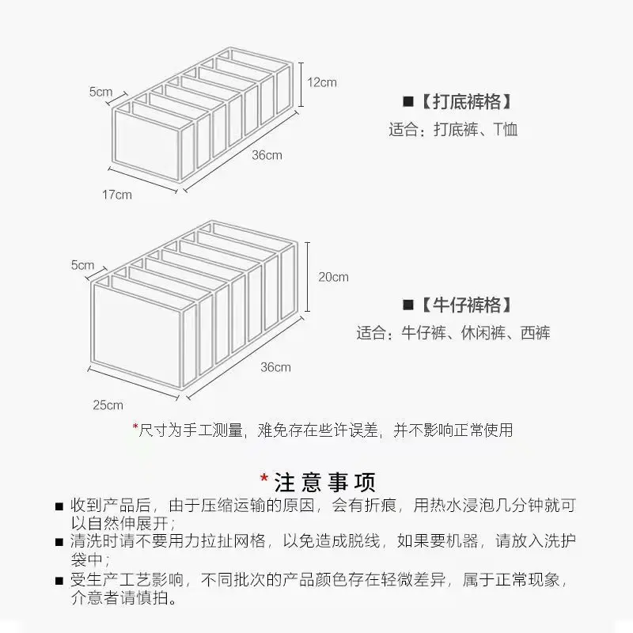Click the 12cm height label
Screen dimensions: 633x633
(322, 82)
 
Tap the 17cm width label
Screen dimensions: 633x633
(116, 195)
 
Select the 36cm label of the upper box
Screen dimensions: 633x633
(267, 155)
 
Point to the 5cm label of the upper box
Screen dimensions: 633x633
(101, 92)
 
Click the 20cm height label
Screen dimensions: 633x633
(333, 277)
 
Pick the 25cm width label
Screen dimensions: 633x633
(108, 405)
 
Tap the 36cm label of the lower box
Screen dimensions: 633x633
(275, 367)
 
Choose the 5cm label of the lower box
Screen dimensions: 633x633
(83, 265)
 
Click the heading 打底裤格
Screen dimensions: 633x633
(467, 101)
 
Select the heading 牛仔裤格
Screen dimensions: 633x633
(467, 305)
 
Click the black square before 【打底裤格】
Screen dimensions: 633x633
(408, 101)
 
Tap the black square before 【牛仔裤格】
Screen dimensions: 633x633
(408, 305)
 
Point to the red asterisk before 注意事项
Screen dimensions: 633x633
(264, 479)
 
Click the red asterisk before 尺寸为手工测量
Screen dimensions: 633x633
(135, 426)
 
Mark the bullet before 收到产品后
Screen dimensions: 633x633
(59, 506)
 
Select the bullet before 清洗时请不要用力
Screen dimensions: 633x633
(59, 542)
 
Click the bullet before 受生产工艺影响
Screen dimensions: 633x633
(59, 581)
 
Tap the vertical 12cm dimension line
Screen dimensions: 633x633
(301, 85)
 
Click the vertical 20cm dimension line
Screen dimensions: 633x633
(308, 277)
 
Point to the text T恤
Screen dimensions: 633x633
(506, 130)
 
